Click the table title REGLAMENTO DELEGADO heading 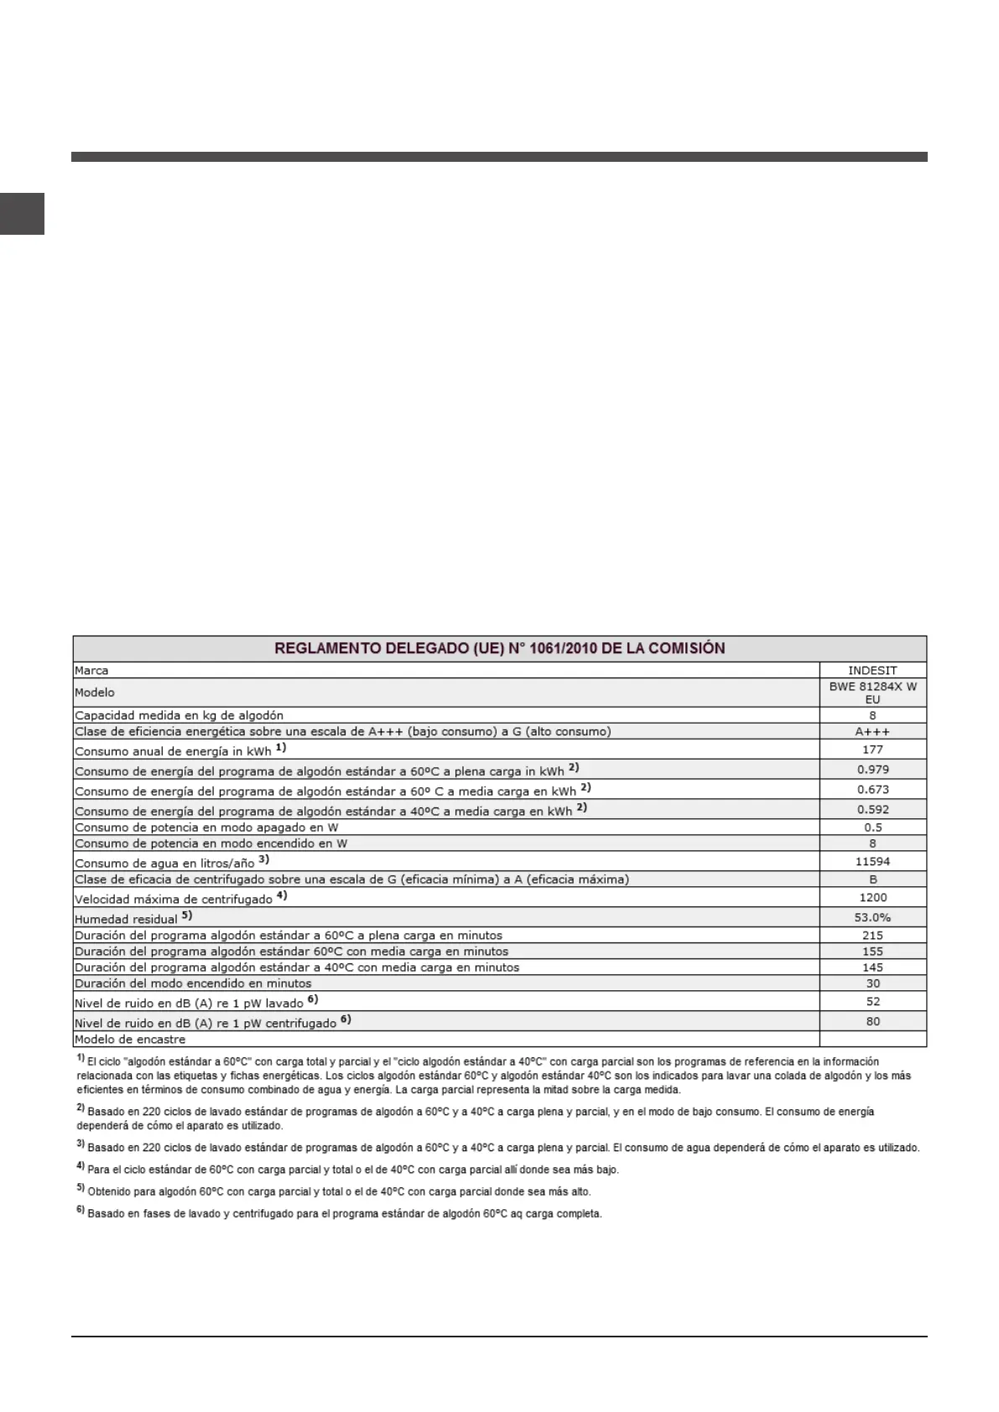click(500, 648)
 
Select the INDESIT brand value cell click(872, 671)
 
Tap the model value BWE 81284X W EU click(872, 693)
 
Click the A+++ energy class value click(872, 732)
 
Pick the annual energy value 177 click(872, 750)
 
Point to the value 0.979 click(872, 770)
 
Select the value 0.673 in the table click(872, 790)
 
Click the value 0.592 click(872, 810)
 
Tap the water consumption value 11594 click(872, 862)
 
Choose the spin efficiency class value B click(872, 880)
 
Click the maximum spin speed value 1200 click(872, 898)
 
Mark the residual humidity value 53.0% click(872, 918)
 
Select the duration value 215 click(872, 936)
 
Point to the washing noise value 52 click(872, 1002)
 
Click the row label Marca click(91, 671)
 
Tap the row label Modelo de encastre click(130, 1040)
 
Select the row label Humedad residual click(126, 919)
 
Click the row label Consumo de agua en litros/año click(164, 863)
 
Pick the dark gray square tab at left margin click(22, 214)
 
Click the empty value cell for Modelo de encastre click(872, 1040)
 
